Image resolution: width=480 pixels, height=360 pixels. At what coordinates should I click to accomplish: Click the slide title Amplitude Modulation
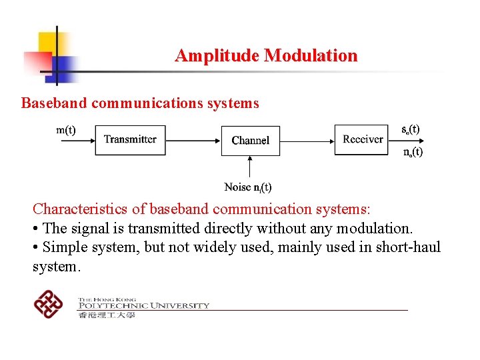coord(265,55)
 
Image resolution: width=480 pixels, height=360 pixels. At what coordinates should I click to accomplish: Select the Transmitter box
coord(130,140)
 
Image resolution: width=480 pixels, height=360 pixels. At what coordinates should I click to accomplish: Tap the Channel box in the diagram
coord(250,141)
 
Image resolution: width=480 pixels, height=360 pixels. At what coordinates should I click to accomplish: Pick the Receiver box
coord(362,139)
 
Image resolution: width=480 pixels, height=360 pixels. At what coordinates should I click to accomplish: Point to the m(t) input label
coord(65,130)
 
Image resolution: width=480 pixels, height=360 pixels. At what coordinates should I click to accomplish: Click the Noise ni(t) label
coord(248,187)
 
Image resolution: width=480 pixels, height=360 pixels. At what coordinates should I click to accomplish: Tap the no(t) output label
coord(413,152)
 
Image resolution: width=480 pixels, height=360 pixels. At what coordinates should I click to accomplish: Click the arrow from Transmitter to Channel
coord(193,140)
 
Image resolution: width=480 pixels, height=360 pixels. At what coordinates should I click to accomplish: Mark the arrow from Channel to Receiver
coord(307,140)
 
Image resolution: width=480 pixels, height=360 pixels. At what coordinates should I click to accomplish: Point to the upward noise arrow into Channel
coord(250,168)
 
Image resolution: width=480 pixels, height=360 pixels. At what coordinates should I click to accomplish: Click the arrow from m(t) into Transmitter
coord(77,140)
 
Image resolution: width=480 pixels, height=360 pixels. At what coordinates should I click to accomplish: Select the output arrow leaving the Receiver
coord(407,140)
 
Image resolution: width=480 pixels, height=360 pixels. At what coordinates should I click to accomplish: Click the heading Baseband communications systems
coord(140,103)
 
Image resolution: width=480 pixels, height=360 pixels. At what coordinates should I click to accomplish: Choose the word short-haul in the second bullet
coord(410,247)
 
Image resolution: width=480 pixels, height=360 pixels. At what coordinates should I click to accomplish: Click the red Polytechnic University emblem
coord(48,305)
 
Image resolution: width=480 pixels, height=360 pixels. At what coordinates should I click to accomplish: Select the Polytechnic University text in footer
coord(143,305)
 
